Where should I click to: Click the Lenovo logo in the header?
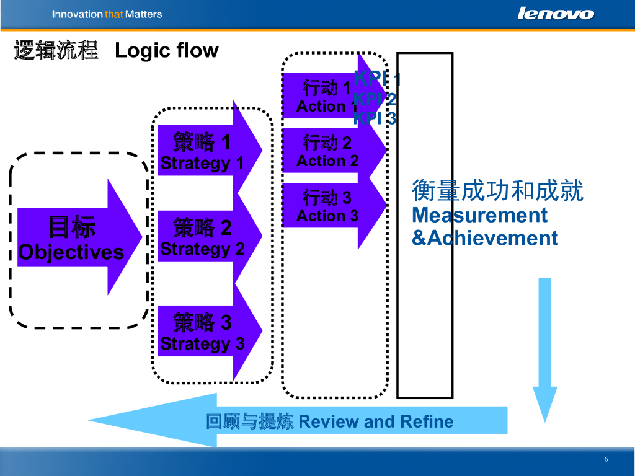(556, 14)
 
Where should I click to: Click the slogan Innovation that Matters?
(107, 14)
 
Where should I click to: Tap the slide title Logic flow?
(167, 50)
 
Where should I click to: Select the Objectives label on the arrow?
(71, 252)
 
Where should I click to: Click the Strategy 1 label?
(202, 164)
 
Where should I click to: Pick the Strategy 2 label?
(202, 249)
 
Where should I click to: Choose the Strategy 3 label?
(202, 344)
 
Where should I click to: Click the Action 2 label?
(327, 161)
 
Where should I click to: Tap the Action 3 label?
(327, 216)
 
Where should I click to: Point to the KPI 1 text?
(377, 79)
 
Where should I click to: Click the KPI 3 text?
(375, 118)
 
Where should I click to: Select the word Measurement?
(479, 216)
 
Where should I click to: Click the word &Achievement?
(485, 239)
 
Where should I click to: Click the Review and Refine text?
(376, 422)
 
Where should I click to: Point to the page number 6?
(606, 459)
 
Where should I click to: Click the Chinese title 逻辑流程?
(56, 50)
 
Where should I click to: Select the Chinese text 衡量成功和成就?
(497, 192)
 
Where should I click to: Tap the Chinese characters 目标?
(72, 228)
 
